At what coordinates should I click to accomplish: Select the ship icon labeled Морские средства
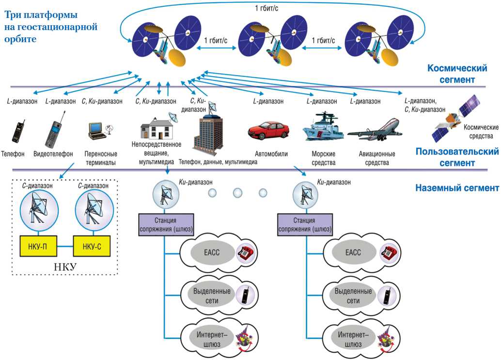(x=323, y=127)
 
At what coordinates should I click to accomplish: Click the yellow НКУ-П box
(x=37, y=246)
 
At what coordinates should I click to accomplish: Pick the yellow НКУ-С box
(x=92, y=246)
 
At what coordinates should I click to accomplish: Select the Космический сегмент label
(x=450, y=74)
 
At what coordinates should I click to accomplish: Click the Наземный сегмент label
(x=457, y=188)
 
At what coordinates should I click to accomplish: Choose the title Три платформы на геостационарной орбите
(x=50, y=27)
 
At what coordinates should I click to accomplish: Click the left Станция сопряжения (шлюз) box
(x=166, y=223)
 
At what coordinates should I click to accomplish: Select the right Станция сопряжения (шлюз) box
(x=308, y=223)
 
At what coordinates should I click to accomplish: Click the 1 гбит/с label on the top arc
(x=266, y=8)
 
